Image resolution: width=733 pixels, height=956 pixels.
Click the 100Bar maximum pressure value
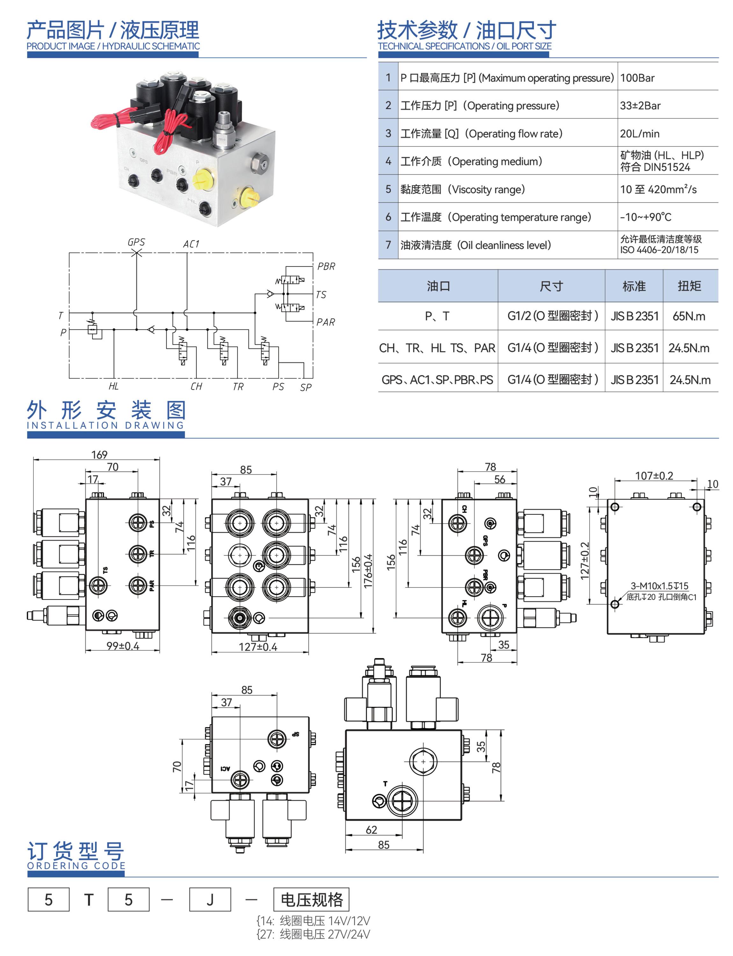[x=637, y=78]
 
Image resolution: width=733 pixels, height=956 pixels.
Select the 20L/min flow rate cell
[x=640, y=134]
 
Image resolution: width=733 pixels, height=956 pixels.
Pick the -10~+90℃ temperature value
[x=645, y=217]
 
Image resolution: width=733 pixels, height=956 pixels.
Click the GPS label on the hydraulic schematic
[x=136, y=242]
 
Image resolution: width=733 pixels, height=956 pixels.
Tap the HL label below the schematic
[x=113, y=386]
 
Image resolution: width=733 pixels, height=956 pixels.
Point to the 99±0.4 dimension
[x=123, y=646]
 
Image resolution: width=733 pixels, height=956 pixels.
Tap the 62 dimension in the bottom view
[x=371, y=830]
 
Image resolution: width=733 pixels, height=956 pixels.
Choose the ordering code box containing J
[x=210, y=899]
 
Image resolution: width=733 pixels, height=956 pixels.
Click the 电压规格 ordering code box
[x=311, y=899]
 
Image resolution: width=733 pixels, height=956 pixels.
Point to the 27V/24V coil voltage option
[x=313, y=934]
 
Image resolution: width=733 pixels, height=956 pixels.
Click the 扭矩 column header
[x=689, y=286]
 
